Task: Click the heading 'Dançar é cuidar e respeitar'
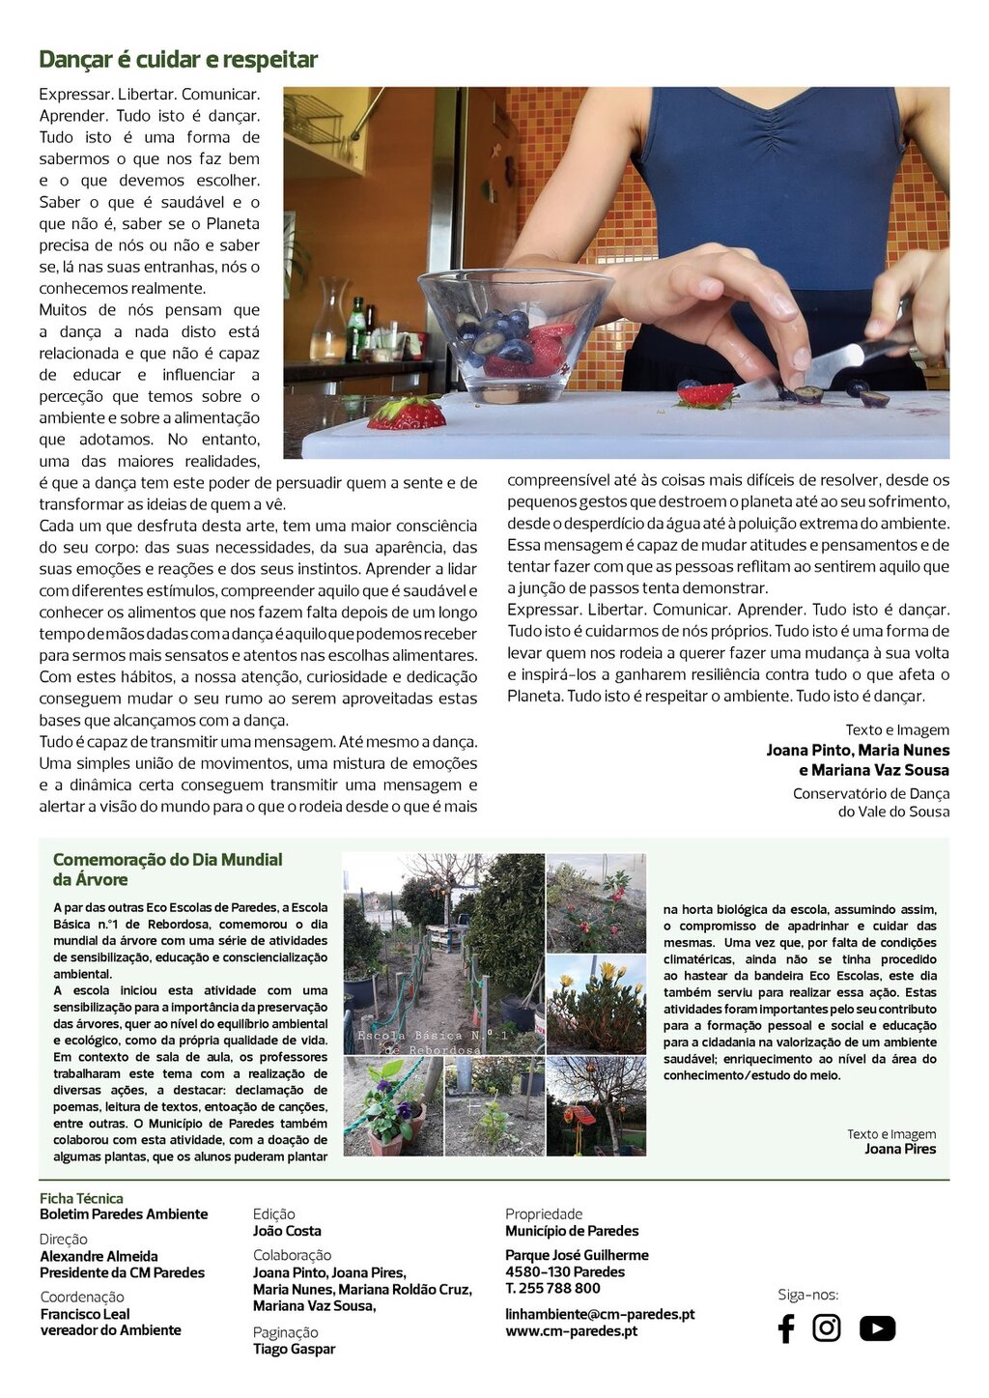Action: (x=178, y=60)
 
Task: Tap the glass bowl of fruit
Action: (x=514, y=333)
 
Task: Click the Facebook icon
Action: (x=786, y=1328)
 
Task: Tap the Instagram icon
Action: (x=827, y=1328)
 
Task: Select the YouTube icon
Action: (x=877, y=1328)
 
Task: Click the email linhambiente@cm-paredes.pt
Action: (x=600, y=1314)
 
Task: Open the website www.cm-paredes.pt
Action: (x=571, y=1331)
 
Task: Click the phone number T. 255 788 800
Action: (x=552, y=1288)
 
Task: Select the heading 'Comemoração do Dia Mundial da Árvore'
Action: (x=167, y=869)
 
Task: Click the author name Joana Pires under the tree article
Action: (x=900, y=1150)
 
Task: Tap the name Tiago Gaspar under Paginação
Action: (x=294, y=1349)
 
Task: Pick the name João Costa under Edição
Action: (x=287, y=1231)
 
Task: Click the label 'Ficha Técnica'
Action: (x=81, y=1198)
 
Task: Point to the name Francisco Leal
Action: (x=85, y=1314)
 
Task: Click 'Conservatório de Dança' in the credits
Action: (x=870, y=793)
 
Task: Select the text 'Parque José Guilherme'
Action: (x=577, y=1255)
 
